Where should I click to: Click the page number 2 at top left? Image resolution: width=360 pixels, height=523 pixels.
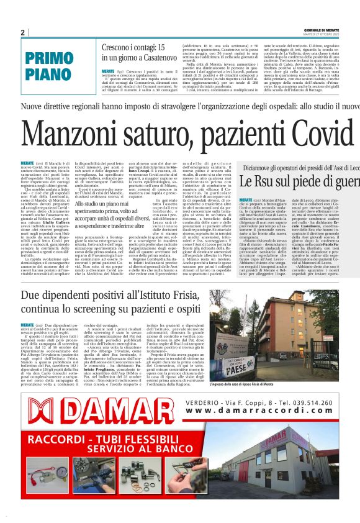22,32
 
